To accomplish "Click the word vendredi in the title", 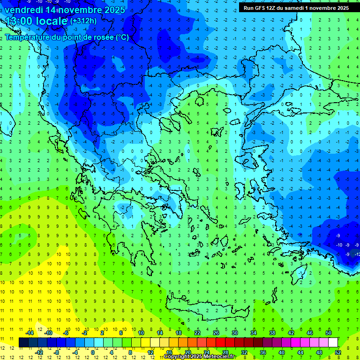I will point(24,10).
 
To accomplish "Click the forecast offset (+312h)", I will point(83,21).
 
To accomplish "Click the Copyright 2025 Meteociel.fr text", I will point(199,357).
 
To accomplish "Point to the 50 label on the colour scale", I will point(328,333).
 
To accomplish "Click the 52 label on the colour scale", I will point(337,352).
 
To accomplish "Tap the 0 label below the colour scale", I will point(93,352).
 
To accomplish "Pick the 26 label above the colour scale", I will point(216,333).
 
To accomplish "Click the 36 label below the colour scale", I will point(263,352).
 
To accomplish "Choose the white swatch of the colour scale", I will point(333,342).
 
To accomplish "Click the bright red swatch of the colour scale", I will point(220,342).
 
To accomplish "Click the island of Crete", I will point(202,309).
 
